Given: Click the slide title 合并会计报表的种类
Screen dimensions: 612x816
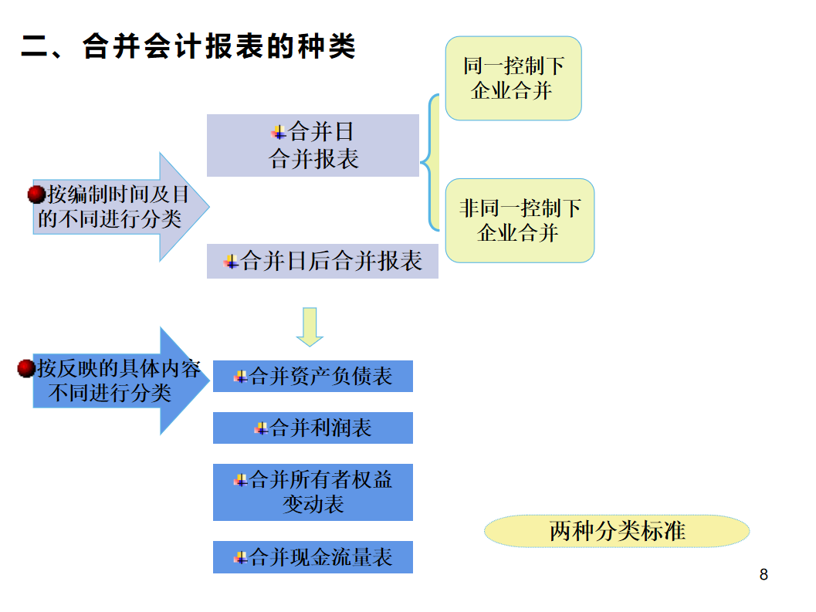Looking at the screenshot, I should click(188, 47).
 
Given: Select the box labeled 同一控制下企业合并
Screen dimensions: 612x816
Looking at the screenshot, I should click(513, 78).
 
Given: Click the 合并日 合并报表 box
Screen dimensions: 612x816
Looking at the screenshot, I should click(313, 145).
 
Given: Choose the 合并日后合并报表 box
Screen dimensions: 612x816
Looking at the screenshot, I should click(322, 262).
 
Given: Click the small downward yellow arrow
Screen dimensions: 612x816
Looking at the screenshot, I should click(310, 326).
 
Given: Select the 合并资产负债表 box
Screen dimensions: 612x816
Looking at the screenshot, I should click(313, 376).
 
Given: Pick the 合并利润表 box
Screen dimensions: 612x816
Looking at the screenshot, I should click(313, 428).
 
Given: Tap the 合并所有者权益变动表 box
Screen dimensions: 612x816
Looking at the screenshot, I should click(313, 492).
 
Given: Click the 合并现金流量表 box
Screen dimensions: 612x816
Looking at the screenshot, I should click(313, 557).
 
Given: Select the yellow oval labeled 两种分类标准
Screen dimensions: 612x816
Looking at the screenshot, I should click(617, 531).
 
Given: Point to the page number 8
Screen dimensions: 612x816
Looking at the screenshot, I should click(764, 575).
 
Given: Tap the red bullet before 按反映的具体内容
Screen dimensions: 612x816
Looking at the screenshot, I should click(27, 369).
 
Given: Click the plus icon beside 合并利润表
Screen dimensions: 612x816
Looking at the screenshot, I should click(261, 428).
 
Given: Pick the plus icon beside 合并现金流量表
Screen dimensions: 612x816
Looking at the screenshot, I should click(240, 557).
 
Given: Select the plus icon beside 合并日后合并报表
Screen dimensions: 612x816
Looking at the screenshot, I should click(231, 262).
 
